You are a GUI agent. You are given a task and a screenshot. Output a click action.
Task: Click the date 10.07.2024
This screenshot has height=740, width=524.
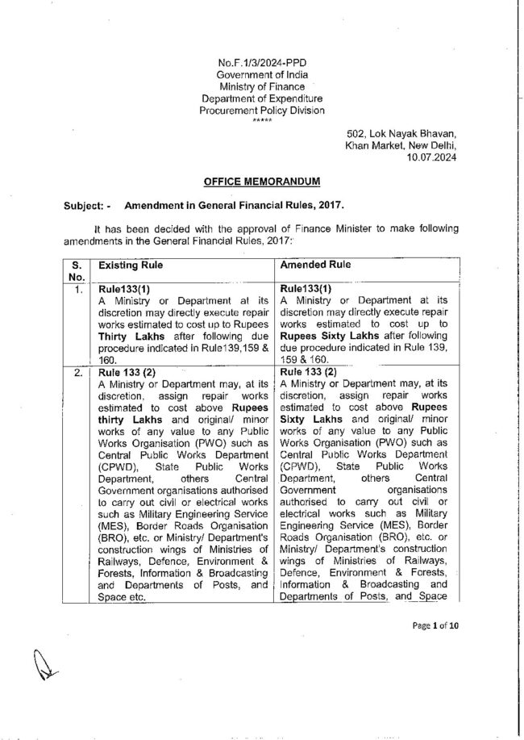435,157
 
